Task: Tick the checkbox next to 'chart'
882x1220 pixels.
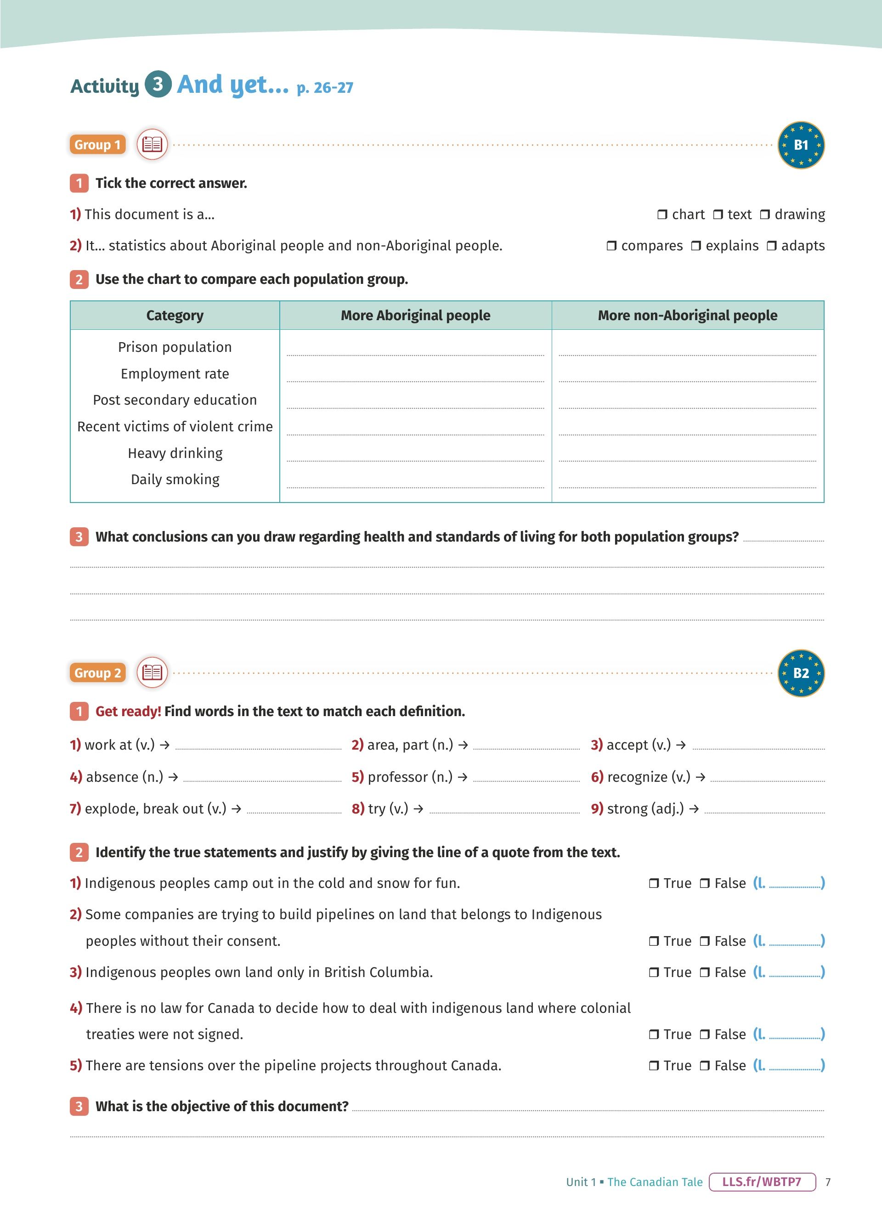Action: click(x=662, y=215)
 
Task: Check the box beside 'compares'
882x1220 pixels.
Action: click(x=611, y=246)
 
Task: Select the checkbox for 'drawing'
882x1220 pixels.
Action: click(x=765, y=215)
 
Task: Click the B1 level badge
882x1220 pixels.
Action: click(x=801, y=145)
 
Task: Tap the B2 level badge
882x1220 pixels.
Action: click(x=801, y=673)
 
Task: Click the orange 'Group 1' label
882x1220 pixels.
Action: click(x=97, y=145)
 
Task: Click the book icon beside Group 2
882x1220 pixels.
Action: click(x=152, y=672)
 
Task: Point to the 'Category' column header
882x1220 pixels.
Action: click(x=175, y=315)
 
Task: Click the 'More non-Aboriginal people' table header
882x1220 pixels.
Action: click(x=687, y=315)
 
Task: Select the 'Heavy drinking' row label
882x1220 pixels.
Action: click(x=175, y=453)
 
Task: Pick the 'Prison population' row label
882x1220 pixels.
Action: click(x=175, y=347)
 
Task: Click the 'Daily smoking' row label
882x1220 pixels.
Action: click(x=175, y=479)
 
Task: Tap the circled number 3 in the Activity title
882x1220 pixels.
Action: click(x=158, y=84)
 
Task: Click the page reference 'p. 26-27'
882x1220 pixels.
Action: click(x=325, y=87)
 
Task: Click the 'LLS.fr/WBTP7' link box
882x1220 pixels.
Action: click(x=762, y=1182)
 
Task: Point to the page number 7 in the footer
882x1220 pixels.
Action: click(x=828, y=1182)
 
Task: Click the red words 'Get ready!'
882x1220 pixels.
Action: click(x=128, y=711)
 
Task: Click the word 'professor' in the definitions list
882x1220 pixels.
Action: click(x=397, y=777)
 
